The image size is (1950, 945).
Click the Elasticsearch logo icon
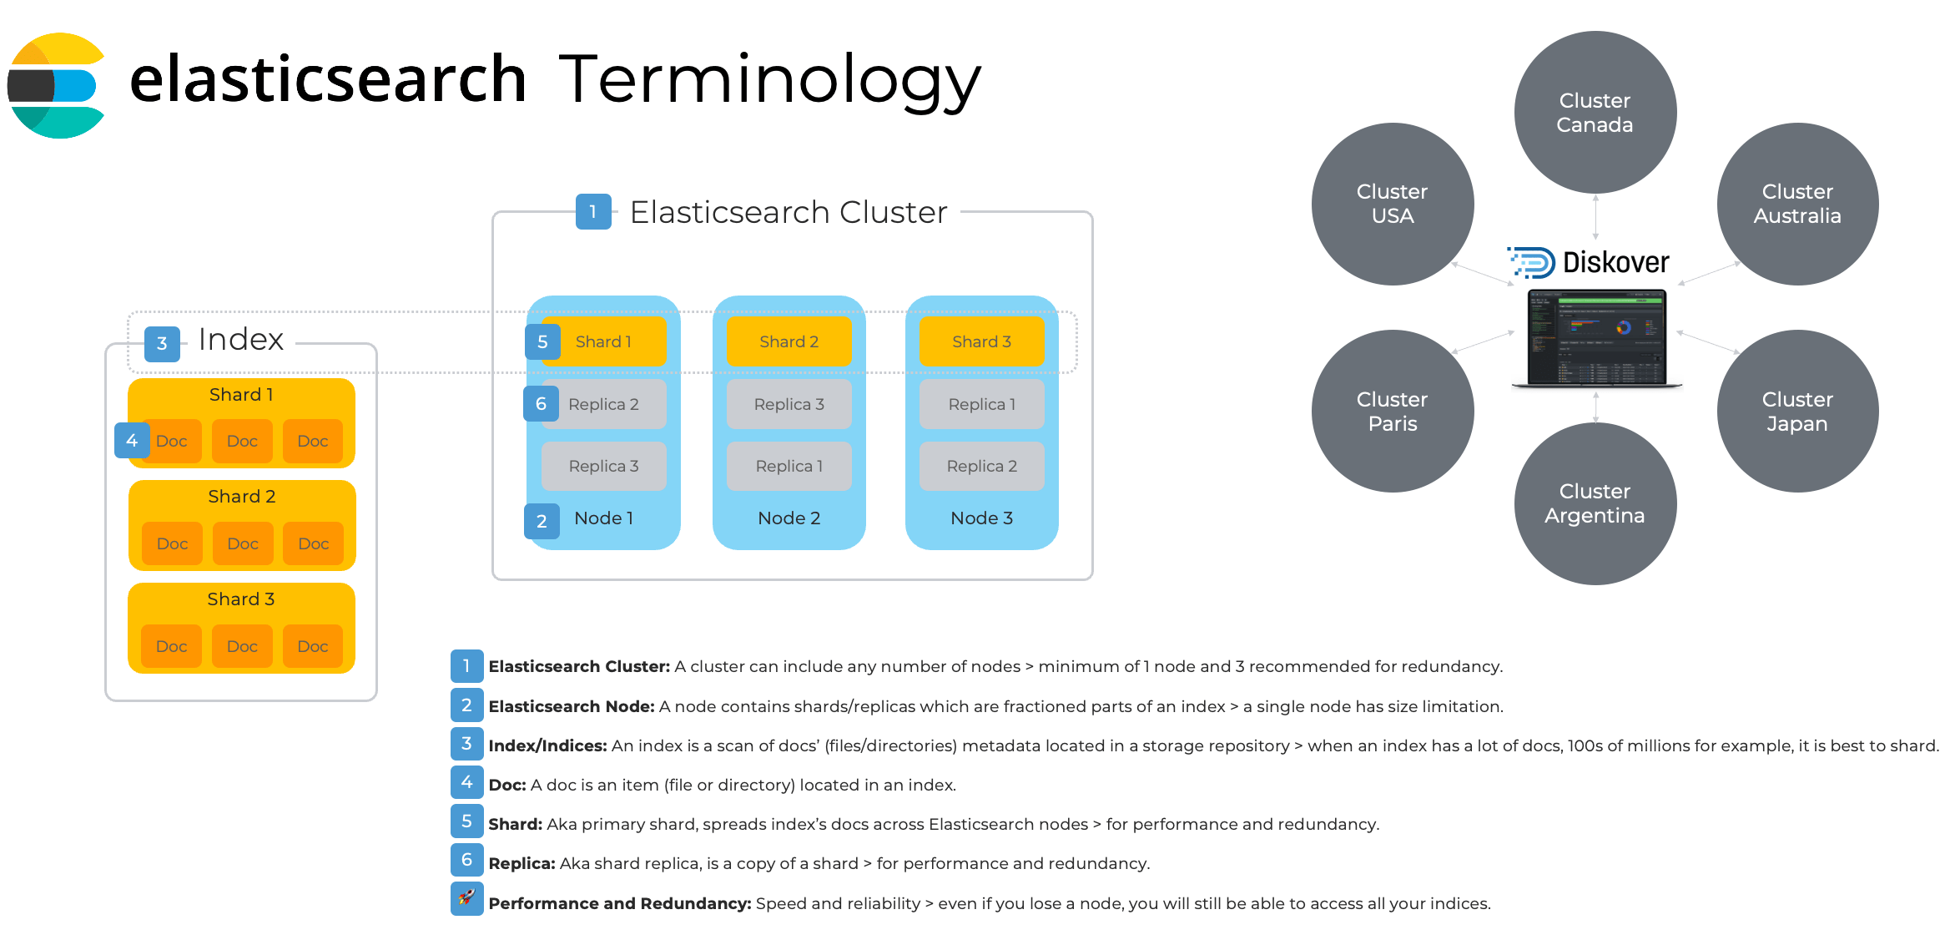pyautogui.click(x=55, y=85)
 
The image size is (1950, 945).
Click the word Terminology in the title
pyautogui.click(x=769, y=81)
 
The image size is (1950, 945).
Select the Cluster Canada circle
pyautogui.click(x=1595, y=113)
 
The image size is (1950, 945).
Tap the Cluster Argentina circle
pyautogui.click(x=1595, y=503)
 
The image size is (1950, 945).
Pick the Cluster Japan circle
pyautogui.click(x=1796, y=412)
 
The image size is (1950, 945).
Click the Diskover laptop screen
pyautogui.click(x=1595, y=336)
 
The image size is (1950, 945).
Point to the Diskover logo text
pyautogui.click(x=1615, y=263)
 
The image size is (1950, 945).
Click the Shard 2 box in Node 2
pyautogui.click(x=789, y=341)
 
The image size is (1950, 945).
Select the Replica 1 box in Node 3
pyautogui.click(x=981, y=404)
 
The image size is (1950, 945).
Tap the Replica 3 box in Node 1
pyautogui.click(x=603, y=466)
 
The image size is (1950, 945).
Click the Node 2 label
pyautogui.click(x=789, y=518)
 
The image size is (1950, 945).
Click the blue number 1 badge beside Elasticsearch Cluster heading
pyautogui.click(x=593, y=212)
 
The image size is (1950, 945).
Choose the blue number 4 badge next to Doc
pyautogui.click(x=132, y=440)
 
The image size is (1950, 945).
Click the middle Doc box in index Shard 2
pyautogui.click(x=242, y=543)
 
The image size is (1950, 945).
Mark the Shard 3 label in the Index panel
pyautogui.click(x=240, y=599)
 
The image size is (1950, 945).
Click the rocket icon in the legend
pyautogui.click(x=466, y=898)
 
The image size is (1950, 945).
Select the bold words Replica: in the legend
pyautogui.click(x=522, y=864)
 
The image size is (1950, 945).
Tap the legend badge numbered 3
pyautogui.click(x=466, y=744)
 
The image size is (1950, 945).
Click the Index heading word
pyautogui.click(x=240, y=340)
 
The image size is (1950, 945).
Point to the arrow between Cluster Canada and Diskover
pyautogui.click(x=1595, y=217)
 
